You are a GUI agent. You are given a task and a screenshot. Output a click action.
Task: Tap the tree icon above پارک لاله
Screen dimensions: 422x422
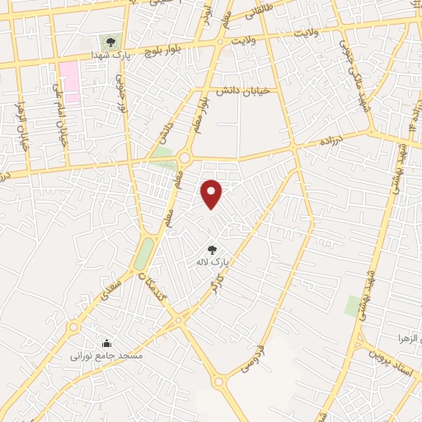click(212, 249)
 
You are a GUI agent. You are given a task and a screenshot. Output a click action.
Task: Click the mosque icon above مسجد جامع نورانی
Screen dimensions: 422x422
click(106, 343)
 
